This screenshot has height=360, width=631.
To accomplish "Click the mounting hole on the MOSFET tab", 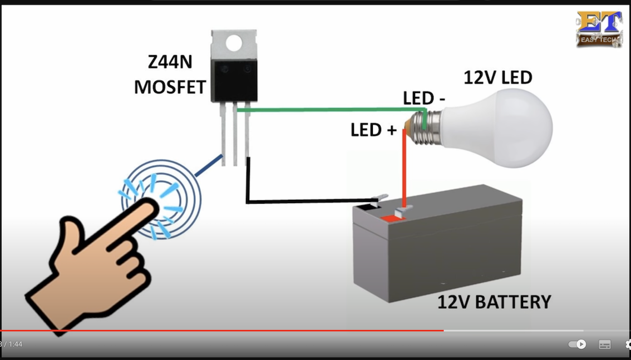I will pyautogui.click(x=234, y=41).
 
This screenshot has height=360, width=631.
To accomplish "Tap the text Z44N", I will pyautogui.click(x=170, y=62).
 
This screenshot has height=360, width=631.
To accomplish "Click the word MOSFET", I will pyautogui.click(x=170, y=87).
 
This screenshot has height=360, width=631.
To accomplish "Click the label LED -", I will pyautogui.click(x=424, y=98).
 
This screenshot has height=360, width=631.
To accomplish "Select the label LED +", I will pyautogui.click(x=373, y=130).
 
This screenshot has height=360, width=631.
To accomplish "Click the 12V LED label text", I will pyautogui.click(x=497, y=77).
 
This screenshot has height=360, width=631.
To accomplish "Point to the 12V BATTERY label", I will pyautogui.click(x=494, y=302).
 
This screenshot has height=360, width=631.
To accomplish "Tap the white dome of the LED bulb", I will pyautogui.click(x=501, y=127).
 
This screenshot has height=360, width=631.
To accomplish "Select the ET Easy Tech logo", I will pyautogui.click(x=599, y=28).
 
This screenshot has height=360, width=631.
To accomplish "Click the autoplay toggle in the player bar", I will pyautogui.click(x=577, y=344).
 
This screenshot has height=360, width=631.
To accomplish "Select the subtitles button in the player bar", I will pyautogui.click(x=605, y=344).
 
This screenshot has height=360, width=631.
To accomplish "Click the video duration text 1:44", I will pyautogui.click(x=16, y=344).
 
